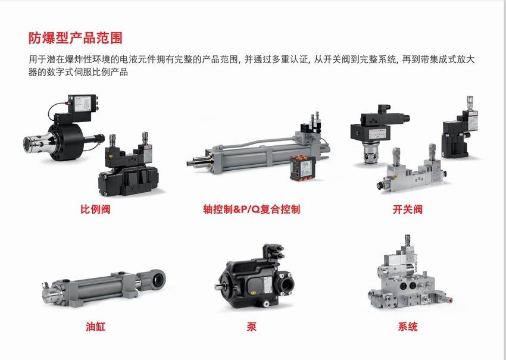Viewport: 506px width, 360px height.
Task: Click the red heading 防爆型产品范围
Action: [76, 37]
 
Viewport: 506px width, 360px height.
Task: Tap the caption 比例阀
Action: [95, 209]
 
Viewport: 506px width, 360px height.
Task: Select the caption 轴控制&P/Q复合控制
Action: [251, 209]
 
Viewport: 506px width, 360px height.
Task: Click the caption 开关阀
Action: [408, 209]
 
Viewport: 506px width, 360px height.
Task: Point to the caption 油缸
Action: [95, 327]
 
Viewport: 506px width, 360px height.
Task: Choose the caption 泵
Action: [251, 327]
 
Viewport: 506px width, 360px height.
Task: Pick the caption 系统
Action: [408, 327]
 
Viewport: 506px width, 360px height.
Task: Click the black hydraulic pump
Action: [255, 277]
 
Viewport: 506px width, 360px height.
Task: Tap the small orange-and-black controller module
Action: [302, 167]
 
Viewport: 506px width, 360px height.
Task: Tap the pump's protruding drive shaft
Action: [220, 286]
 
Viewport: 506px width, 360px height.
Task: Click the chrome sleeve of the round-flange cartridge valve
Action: [36, 143]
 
